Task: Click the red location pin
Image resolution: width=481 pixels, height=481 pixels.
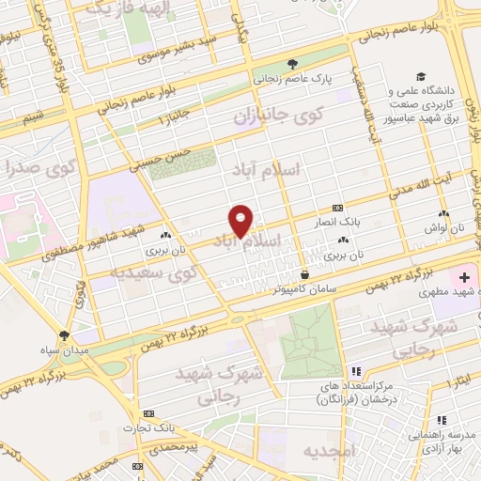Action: (241, 221)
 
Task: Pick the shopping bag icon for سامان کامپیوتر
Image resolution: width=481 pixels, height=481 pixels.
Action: (303, 274)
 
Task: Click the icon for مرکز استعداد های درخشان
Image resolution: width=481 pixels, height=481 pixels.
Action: (356, 373)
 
